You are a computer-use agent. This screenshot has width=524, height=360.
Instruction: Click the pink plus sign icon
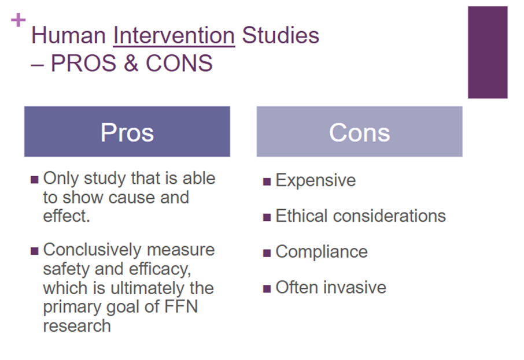point(18,20)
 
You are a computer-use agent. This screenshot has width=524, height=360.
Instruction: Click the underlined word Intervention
point(174,35)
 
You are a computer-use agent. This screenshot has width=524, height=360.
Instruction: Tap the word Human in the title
point(68,35)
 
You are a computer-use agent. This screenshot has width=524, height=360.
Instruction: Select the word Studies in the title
point(281,35)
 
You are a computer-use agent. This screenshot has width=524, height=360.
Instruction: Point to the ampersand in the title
point(131,63)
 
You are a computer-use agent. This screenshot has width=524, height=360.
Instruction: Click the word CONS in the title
point(179,63)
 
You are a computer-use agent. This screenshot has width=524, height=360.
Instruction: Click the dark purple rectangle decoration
point(488,52)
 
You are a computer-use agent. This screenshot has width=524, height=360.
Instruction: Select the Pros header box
point(127,132)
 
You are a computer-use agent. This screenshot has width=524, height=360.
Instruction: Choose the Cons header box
point(360,132)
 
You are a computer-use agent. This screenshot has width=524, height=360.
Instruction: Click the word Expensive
point(316,181)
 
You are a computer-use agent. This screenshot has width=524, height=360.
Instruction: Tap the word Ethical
point(301,216)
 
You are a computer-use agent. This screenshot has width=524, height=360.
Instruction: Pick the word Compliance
point(322,252)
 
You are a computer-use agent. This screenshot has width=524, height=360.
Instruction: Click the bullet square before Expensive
point(267,181)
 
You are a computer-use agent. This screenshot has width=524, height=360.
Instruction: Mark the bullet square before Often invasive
point(267,288)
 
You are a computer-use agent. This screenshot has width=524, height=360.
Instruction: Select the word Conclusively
point(93,250)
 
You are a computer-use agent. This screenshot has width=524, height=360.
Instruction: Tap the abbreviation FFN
point(181,307)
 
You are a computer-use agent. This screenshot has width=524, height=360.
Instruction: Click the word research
point(77,326)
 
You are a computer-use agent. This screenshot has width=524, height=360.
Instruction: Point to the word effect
point(67,216)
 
